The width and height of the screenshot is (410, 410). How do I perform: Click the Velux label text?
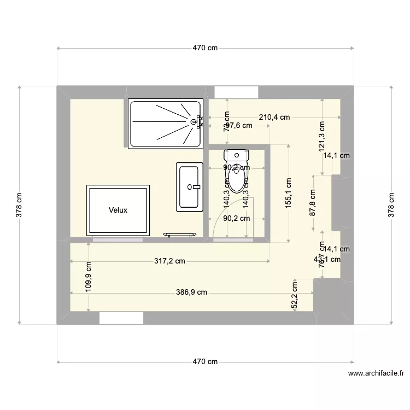[x=118, y=210]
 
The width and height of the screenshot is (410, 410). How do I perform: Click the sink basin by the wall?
[x=190, y=186]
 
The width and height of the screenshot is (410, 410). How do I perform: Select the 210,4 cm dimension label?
[x=274, y=117]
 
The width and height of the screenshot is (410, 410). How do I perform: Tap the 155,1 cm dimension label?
[x=289, y=193]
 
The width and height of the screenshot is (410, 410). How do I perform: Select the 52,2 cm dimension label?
[x=295, y=296]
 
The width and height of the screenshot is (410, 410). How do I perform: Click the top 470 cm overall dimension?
[x=205, y=48]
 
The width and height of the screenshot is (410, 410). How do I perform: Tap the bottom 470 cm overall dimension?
[x=205, y=362]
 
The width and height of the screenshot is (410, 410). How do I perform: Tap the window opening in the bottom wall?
[x=121, y=318]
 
